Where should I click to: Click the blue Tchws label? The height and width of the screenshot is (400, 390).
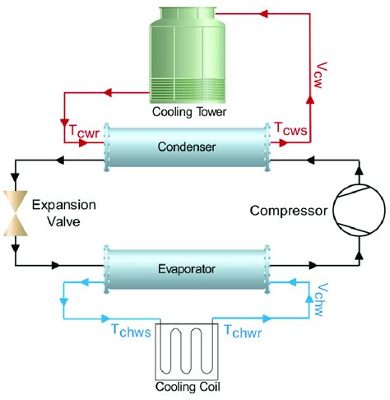[131, 329]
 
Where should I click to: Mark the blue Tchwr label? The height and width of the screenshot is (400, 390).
[244, 329]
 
